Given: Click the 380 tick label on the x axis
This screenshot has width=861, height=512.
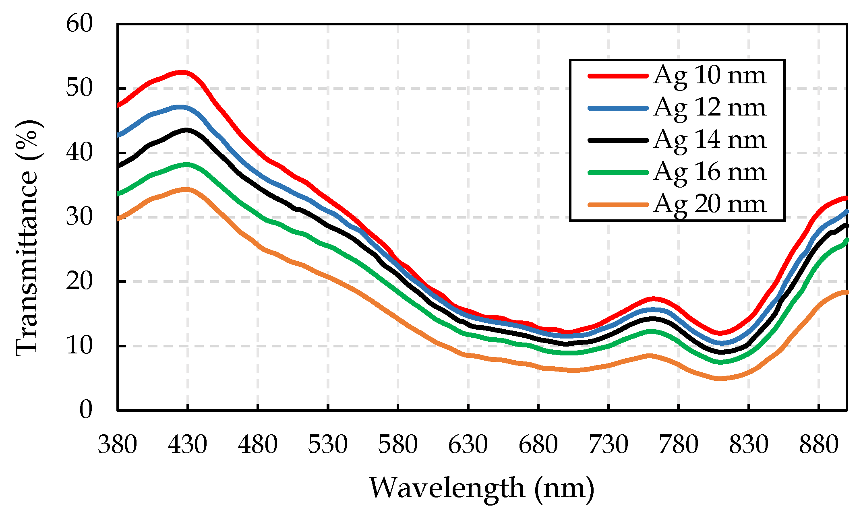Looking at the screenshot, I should pyautogui.click(x=117, y=445).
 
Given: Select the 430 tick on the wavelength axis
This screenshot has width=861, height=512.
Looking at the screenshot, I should pyautogui.click(x=187, y=445).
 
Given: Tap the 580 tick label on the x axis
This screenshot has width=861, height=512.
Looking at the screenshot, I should pyautogui.click(x=398, y=445).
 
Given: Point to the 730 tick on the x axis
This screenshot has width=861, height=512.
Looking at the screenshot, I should pyautogui.click(x=608, y=445).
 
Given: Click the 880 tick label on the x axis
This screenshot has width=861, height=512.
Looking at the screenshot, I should pyautogui.click(x=819, y=445).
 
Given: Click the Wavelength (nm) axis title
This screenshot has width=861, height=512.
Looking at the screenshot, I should pyautogui.click(x=482, y=488).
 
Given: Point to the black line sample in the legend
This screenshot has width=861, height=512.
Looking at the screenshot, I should pyautogui.click(x=618, y=140).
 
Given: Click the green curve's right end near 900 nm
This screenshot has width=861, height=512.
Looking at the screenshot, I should pyautogui.click(x=846, y=240).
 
